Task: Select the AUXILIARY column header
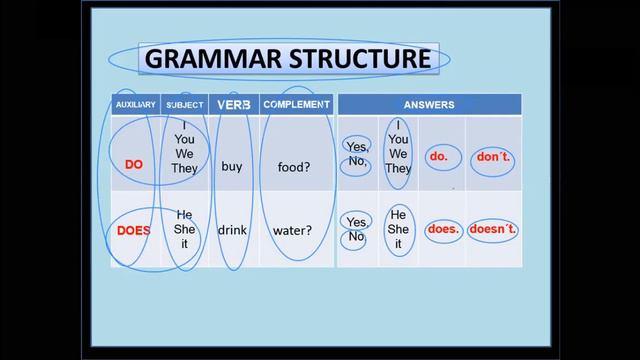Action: click(x=135, y=105)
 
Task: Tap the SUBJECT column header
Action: click(x=185, y=105)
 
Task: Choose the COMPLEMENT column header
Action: click(x=296, y=104)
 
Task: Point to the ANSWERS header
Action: click(x=429, y=105)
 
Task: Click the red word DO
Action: click(x=134, y=166)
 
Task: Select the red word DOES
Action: click(x=134, y=230)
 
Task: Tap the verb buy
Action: click(x=232, y=167)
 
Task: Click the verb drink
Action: click(x=232, y=230)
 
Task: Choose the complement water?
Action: click(x=293, y=230)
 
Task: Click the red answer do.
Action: click(x=439, y=157)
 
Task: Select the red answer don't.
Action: click(x=492, y=158)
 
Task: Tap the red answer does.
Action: click(x=442, y=228)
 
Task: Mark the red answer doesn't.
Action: click(x=493, y=229)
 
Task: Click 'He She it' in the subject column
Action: click(x=185, y=229)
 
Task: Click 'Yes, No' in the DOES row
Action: click(x=356, y=229)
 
